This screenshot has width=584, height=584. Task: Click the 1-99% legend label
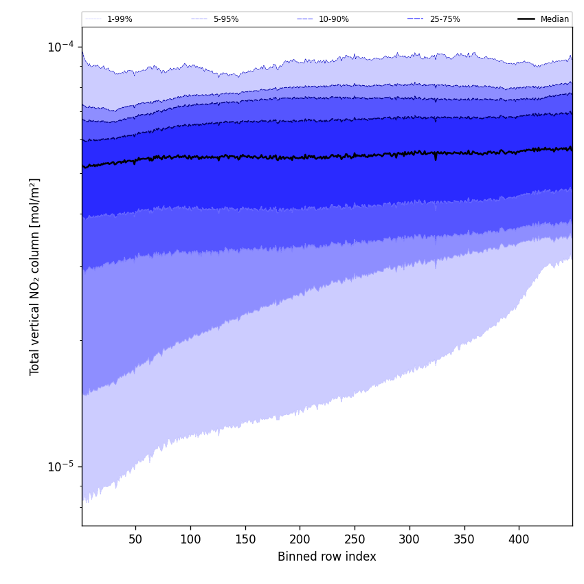(x=120, y=19)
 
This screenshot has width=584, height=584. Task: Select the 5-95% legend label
(x=226, y=19)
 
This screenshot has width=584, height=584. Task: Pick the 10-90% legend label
(x=334, y=19)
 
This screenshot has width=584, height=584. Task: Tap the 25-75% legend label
(x=445, y=19)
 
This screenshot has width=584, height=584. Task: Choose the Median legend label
(x=554, y=19)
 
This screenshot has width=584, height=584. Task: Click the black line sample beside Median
(x=526, y=19)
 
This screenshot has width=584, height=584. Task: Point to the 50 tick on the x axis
(x=135, y=539)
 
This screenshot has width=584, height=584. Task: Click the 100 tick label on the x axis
(x=190, y=539)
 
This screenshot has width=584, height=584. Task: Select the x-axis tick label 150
(x=245, y=539)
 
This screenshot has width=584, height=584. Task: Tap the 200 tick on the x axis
(x=300, y=539)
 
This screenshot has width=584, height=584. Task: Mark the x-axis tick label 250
(x=355, y=539)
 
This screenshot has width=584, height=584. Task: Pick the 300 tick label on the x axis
(x=409, y=539)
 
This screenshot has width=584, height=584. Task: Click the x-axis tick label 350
(x=464, y=539)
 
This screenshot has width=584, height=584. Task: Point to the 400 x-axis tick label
(x=519, y=539)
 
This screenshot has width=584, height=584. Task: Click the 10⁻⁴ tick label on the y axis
(x=60, y=47)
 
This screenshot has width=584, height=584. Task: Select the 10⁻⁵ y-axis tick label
(x=60, y=467)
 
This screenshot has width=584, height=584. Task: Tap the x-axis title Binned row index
(x=327, y=557)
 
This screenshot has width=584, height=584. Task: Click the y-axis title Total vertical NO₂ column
(x=35, y=276)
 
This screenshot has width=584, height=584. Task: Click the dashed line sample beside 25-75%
(x=415, y=19)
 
